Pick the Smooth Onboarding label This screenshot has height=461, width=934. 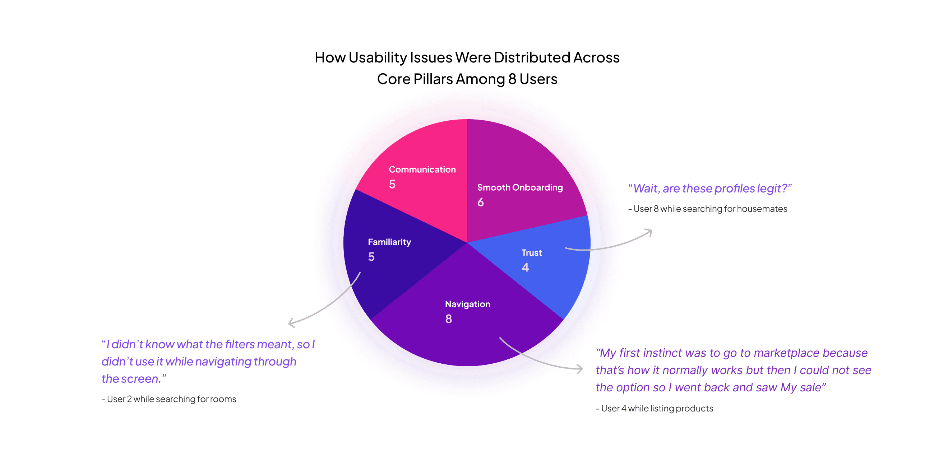point(519,187)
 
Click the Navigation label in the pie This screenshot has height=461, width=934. point(467,304)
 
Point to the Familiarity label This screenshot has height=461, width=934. point(389,242)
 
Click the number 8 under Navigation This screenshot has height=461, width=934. point(449,319)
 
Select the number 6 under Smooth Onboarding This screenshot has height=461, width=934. point(480,202)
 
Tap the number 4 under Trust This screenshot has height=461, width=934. point(525,267)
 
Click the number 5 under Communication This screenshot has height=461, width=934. point(392,184)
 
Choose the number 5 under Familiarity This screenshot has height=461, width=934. point(371,257)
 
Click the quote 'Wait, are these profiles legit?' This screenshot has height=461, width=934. point(709,188)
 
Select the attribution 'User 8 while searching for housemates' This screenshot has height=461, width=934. point(707,209)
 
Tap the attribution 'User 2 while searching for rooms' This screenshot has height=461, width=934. point(169,399)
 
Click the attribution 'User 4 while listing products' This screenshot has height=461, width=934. point(654,409)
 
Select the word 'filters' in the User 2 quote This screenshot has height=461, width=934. point(240,344)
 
